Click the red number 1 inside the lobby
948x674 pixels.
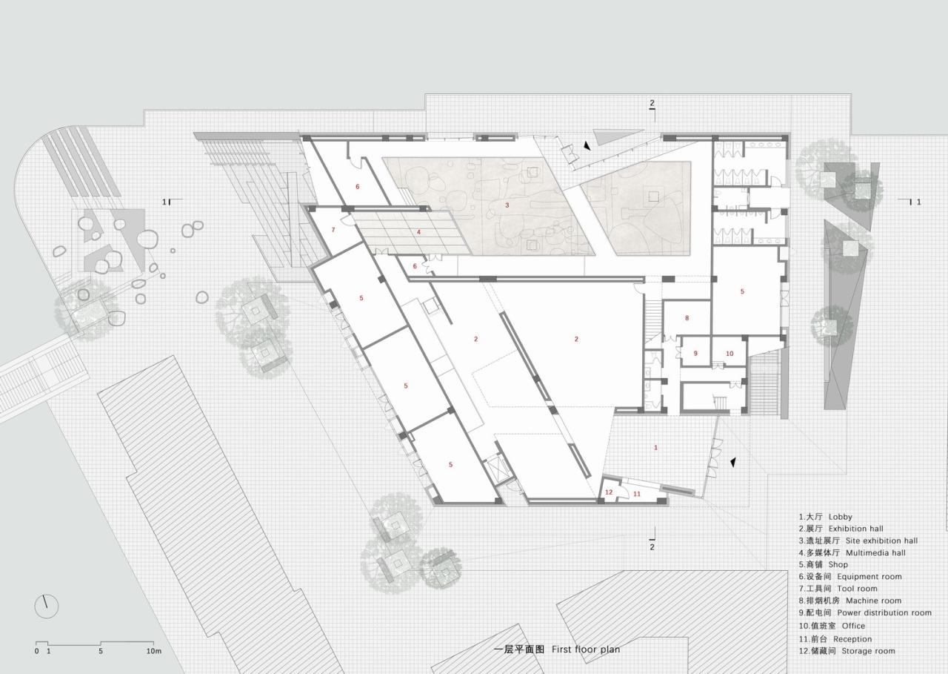(655, 448)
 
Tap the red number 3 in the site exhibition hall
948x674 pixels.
(507, 205)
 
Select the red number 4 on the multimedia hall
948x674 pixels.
(418, 232)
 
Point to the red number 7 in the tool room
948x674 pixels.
(333, 230)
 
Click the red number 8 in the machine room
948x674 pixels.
(687, 318)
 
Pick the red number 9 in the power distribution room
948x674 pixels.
(695, 354)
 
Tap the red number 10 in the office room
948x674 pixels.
(730, 354)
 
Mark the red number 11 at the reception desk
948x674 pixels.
(637, 494)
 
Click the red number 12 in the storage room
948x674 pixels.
(609, 492)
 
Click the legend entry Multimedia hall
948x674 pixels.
(852, 552)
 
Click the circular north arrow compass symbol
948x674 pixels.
(46, 606)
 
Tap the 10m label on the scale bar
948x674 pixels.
(153, 651)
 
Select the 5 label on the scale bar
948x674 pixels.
(100, 651)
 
